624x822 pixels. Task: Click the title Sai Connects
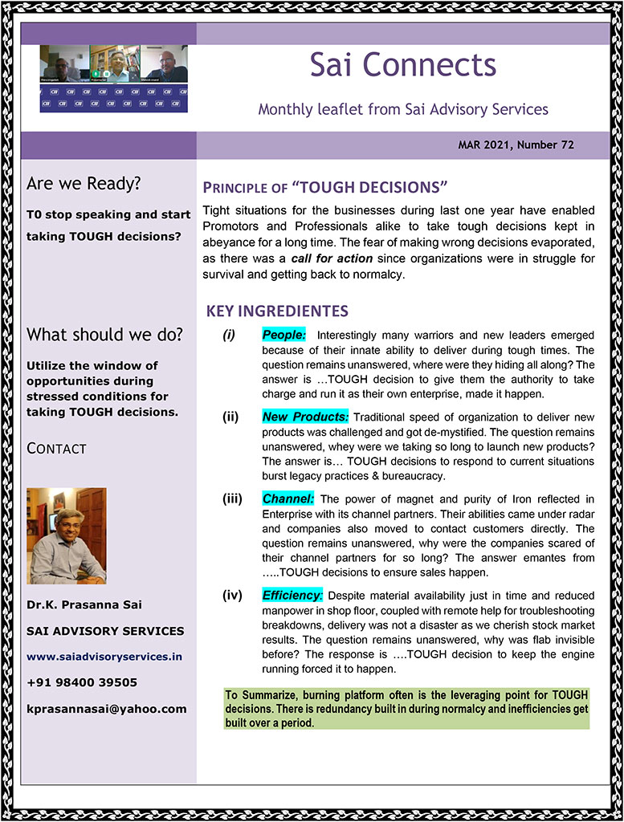[402, 66]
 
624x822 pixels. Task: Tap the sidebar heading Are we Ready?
[84, 184]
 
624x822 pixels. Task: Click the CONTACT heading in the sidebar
[56, 449]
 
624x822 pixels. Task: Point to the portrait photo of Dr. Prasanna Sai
[67, 535]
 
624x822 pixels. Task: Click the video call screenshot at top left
[113, 79]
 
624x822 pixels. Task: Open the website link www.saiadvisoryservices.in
[104, 656]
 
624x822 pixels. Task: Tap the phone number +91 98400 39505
[81, 682]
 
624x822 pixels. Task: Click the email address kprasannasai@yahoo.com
[106, 709]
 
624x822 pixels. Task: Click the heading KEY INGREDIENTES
[277, 311]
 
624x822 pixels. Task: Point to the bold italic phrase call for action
[332, 258]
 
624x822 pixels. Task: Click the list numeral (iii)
[233, 499]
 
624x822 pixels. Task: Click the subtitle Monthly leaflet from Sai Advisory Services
[402, 109]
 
